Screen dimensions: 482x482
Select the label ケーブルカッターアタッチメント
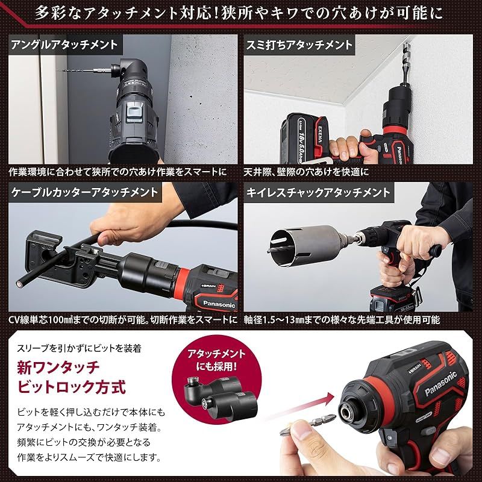84,193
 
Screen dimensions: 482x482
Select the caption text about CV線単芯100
120,319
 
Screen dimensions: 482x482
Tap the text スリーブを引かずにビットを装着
78,348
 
